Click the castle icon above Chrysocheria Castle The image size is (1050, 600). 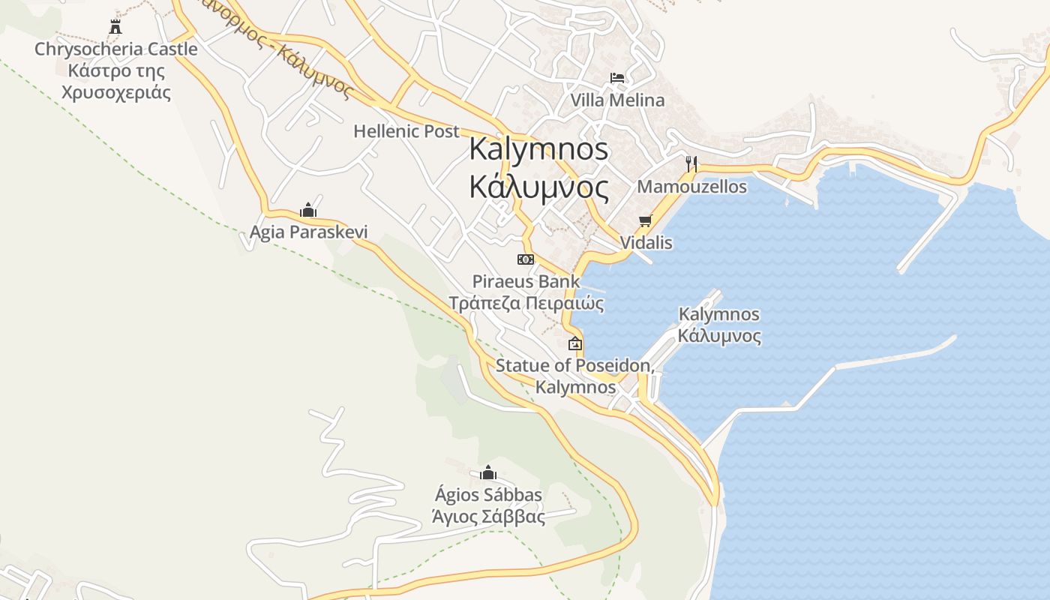click(x=115, y=27)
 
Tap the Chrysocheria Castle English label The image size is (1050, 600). click(x=116, y=49)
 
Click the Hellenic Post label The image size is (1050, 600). click(x=406, y=131)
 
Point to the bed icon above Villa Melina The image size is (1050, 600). click(x=616, y=78)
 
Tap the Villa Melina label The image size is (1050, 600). click(x=616, y=100)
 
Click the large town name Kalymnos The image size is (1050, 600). click(x=538, y=148)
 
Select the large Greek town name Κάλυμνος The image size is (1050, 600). click(x=538, y=186)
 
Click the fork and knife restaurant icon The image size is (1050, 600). click(x=691, y=163)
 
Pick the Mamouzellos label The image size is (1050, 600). click(x=691, y=187)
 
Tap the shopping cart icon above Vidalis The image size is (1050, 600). click(x=645, y=220)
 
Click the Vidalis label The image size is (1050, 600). click(x=646, y=243)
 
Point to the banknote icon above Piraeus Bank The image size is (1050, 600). click(x=526, y=259)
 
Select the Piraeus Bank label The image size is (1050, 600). click(x=526, y=282)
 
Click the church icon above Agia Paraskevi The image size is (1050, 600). click(x=307, y=209)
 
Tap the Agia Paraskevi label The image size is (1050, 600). click(x=308, y=232)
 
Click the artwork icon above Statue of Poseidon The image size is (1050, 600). click(x=575, y=343)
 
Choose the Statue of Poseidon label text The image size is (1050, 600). click(x=575, y=367)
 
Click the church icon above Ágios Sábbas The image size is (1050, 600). click(x=488, y=472)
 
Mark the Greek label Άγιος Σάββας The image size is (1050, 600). click(x=488, y=516)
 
